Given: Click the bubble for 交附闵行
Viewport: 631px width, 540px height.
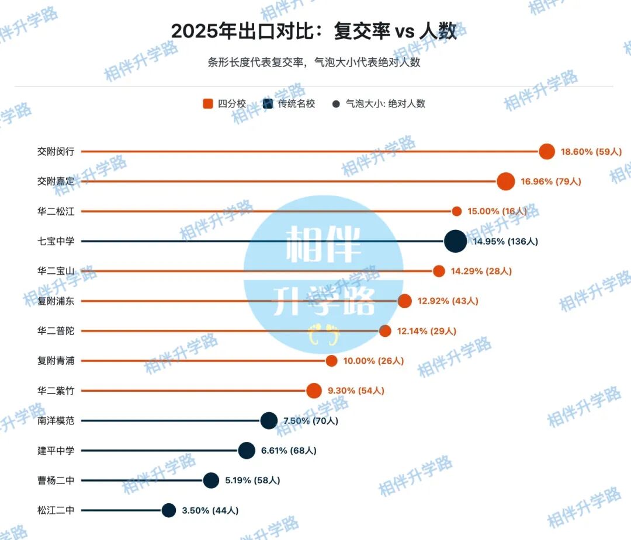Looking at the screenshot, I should click(547, 151).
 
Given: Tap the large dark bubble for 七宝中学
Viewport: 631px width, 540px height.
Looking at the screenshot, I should click(455, 241).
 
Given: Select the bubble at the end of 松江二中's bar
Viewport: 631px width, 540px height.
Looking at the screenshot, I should click(169, 510).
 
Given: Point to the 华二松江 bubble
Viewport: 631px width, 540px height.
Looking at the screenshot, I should click(457, 211).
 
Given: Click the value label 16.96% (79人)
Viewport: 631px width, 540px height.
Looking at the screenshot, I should click(551, 182).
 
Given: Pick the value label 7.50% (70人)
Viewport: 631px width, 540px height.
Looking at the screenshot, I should click(311, 421).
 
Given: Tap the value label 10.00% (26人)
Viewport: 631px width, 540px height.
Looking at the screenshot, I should click(373, 361).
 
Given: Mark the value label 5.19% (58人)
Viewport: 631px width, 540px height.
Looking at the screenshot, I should click(252, 480).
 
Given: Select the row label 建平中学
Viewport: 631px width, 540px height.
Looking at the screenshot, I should click(56, 451).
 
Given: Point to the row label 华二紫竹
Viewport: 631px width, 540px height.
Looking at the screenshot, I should click(56, 391).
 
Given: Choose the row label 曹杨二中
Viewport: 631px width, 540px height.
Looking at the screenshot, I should click(56, 480).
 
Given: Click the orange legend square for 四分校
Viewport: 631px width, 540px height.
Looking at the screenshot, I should click(207, 104).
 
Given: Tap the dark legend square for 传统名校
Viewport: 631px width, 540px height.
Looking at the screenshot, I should click(268, 104).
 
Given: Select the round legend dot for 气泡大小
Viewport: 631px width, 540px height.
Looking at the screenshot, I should click(336, 104).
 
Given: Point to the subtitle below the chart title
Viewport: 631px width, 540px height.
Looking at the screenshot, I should click(314, 62).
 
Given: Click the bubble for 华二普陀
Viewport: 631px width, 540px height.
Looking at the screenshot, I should click(385, 331).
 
